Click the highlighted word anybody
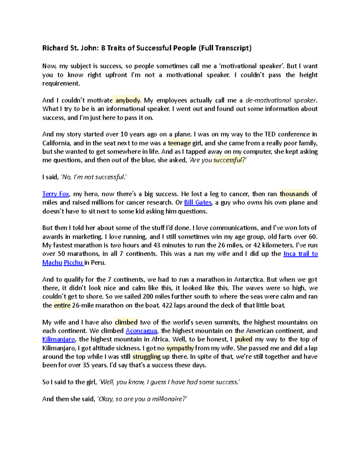pos(128,100)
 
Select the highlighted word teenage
pos(179,143)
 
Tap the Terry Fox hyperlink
pos(55,194)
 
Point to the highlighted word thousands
pos(294,194)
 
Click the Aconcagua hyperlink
pos(141,331)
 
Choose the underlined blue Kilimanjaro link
pos(58,339)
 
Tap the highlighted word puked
pos(244,339)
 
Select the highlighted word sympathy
pos(180,348)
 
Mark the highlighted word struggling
pos(147,357)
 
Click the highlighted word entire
pos(62,305)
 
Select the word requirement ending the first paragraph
pos(61,83)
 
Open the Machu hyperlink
pos(52,263)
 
